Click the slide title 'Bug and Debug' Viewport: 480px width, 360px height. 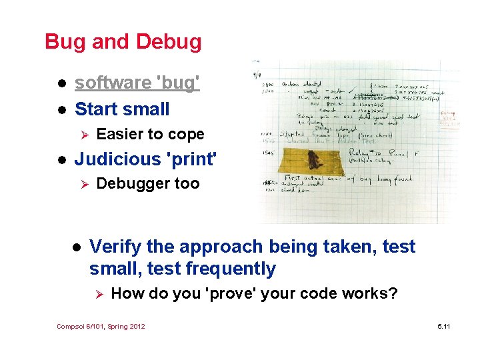pyautogui.click(x=123, y=42)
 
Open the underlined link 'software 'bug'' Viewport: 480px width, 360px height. pyautogui.click(x=137, y=83)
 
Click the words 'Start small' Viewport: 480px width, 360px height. pyautogui.click(x=122, y=109)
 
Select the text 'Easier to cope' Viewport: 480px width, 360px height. pyautogui.click(x=150, y=135)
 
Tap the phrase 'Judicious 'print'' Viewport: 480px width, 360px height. pyautogui.click(x=146, y=159)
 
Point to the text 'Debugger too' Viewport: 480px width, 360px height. pyautogui.click(x=148, y=184)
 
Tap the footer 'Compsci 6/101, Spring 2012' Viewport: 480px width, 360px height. pyautogui.click(x=101, y=326)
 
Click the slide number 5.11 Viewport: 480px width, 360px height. pyautogui.click(x=443, y=326)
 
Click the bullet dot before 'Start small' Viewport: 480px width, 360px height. pyautogui.click(x=60, y=110)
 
